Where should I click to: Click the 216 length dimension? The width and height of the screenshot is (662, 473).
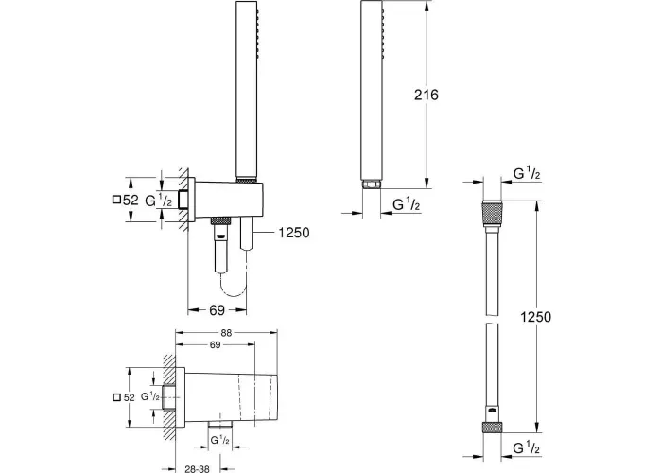click(426, 95)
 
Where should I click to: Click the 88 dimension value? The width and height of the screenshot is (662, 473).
click(226, 333)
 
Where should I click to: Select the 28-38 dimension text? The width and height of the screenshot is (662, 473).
click(197, 468)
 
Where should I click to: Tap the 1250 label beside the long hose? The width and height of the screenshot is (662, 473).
click(535, 317)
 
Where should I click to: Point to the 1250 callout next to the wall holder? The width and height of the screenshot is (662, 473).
click(294, 233)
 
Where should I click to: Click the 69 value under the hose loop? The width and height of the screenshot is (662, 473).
click(217, 310)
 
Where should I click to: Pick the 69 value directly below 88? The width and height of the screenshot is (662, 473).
click(216, 345)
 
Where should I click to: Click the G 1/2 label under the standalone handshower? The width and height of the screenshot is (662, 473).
click(406, 204)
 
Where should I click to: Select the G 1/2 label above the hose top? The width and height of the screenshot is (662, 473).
click(527, 173)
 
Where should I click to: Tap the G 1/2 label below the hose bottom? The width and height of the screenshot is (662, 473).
click(526, 447)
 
